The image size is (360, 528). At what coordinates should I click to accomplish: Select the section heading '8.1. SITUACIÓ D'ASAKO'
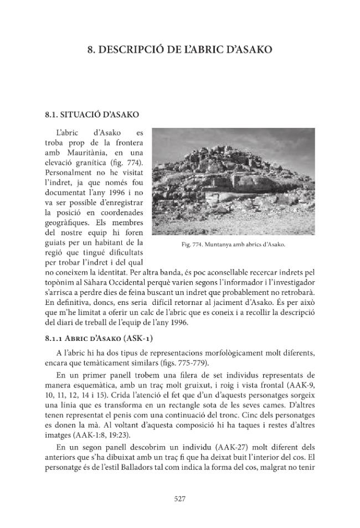(92, 115)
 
